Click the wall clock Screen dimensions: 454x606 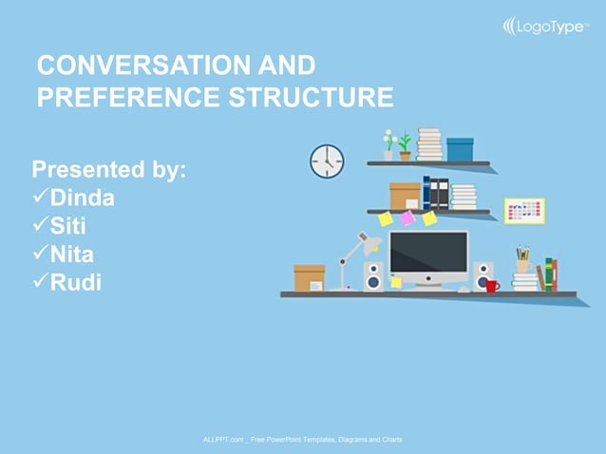tap(327, 161)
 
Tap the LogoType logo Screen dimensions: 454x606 tap(544, 27)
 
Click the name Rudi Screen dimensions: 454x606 tap(76, 282)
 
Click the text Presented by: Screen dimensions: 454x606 tap(108, 170)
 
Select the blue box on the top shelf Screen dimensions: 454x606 tap(460, 149)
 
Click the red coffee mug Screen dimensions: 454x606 tap(491, 284)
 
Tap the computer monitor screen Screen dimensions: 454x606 tap(428, 254)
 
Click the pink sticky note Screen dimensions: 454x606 tap(407, 218)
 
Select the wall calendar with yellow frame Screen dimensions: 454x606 tap(524, 211)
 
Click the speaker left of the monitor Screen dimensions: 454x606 tap(373, 276)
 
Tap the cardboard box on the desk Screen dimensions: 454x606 tap(310, 278)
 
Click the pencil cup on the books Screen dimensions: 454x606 tap(523, 260)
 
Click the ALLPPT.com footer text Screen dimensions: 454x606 tap(302, 440)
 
